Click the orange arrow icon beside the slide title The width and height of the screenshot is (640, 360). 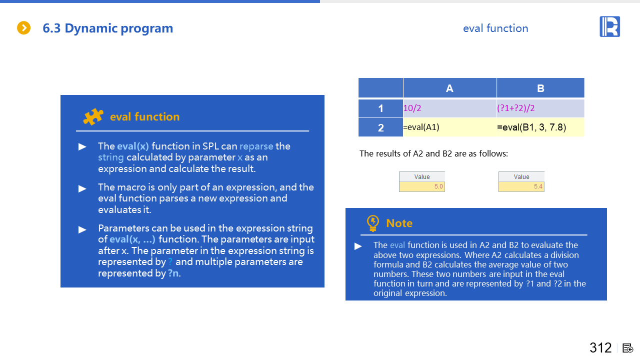click(x=23, y=28)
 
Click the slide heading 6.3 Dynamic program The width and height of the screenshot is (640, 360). click(x=107, y=28)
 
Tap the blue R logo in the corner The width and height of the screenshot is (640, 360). click(x=609, y=26)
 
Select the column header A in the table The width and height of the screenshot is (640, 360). click(x=449, y=88)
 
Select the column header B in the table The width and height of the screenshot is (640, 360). click(x=540, y=88)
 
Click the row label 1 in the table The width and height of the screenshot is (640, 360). click(x=380, y=108)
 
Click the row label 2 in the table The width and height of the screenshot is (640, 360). click(x=380, y=127)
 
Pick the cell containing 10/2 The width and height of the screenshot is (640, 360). click(x=449, y=108)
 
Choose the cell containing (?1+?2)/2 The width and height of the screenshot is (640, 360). click(x=540, y=108)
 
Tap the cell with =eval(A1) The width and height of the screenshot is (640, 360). click(x=449, y=127)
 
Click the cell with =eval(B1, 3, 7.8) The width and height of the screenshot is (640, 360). click(x=540, y=127)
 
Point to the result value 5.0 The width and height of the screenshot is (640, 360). click(x=422, y=186)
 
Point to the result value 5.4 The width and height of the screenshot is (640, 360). click(x=521, y=186)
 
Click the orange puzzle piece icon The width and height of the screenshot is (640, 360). click(x=93, y=116)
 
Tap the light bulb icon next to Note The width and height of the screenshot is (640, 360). click(x=372, y=223)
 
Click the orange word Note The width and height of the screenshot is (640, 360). click(x=399, y=223)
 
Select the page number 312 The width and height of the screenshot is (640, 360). click(x=600, y=347)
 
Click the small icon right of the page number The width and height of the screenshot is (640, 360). click(x=628, y=348)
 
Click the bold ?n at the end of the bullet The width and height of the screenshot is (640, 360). click(x=173, y=273)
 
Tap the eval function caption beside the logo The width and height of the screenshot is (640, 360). click(x=495, y=28)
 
